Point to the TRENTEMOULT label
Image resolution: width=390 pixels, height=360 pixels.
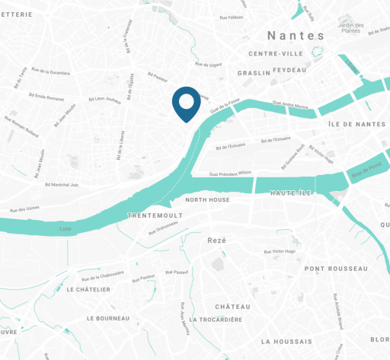(155, 216)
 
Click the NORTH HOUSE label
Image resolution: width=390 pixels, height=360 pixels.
(208, 199)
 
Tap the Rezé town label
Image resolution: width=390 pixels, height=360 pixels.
(217, 240)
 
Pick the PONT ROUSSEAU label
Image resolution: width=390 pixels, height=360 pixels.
(336, 269)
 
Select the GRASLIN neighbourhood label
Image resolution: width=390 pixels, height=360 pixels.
(254, 73)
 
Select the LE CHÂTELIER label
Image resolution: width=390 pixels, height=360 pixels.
(88, 289)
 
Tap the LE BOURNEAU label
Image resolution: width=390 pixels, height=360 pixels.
(111, 317)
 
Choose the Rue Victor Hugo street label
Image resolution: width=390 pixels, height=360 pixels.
(284, 251)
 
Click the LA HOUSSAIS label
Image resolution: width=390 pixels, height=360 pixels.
(288, 342)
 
